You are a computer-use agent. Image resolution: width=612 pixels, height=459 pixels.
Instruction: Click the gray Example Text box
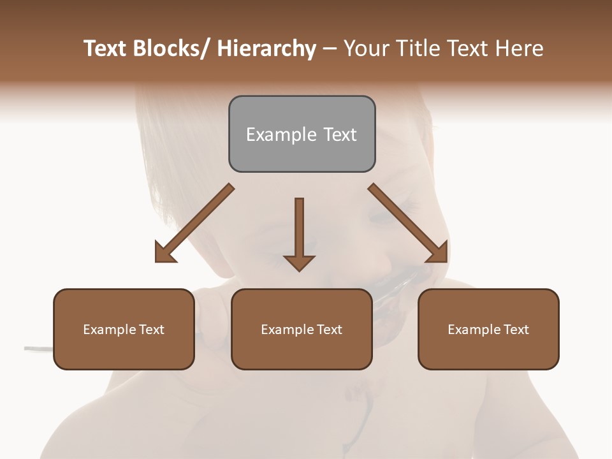tap(302, 134)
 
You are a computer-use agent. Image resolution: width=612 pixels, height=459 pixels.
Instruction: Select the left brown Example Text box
tap(124, 329)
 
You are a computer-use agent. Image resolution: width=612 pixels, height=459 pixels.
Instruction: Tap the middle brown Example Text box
tap(302, 329)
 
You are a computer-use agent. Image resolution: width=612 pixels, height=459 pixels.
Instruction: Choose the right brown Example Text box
tap(488, 329)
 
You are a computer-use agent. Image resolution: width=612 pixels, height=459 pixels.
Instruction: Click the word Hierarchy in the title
tap(266, 48)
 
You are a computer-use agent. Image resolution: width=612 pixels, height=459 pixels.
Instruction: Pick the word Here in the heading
tap(521, 48)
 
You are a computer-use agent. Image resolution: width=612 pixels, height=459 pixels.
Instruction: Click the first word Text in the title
tap(105, 48)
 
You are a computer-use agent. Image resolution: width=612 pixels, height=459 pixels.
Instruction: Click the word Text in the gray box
tap(339, 135)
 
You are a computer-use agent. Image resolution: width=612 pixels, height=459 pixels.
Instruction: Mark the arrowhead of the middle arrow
tap(299, 263)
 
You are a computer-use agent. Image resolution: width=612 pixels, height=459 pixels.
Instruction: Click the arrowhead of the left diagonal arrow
tap(164, 253)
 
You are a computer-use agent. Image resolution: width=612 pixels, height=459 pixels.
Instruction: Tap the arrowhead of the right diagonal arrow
tap(437, 252)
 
